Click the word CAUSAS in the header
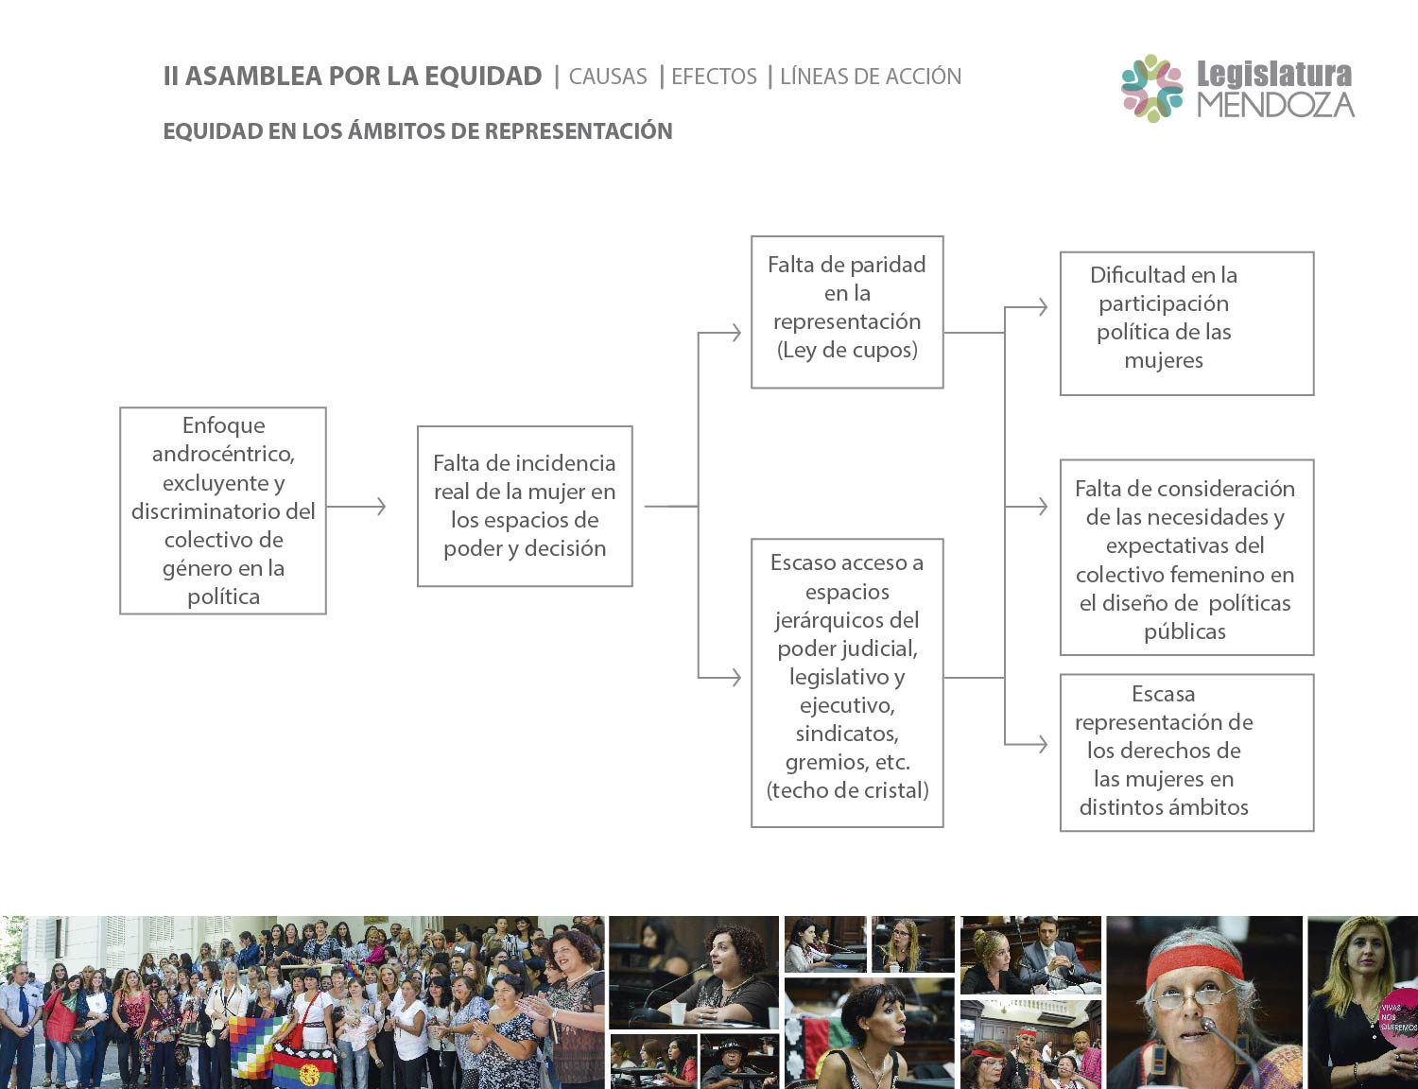[x=608, y=77]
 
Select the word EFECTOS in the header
[x=714, y=77]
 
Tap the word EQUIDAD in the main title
[x=483, y=76]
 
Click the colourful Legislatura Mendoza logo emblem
[x=1151, y=89]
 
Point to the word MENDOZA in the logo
[x=1276, y=105]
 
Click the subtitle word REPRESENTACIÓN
[x=579, y=130]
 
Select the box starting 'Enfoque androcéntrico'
[x=223, y=510]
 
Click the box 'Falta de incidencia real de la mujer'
[x=525, y=507]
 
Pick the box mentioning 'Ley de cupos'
[x=847, y=313]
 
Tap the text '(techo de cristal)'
[x=847, y=790]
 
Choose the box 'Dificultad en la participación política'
[x=1186, y=323]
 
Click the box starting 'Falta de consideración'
[x=1186, y=557]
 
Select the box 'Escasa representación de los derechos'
[x=1186, y=752]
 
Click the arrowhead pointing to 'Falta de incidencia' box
[x=380, y=507]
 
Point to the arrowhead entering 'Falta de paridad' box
[x=735, y=333]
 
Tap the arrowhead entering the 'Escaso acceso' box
[x=735, y=678]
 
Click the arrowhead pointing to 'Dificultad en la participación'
[x=1042, y=306]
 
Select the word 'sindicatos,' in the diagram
[x=847, y=734]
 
